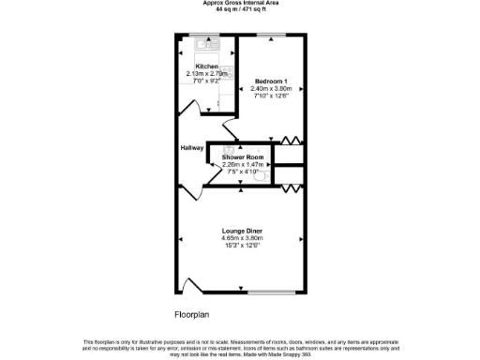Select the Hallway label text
pyautogui.click(x=191, y=148)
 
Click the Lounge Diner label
pyautogui.click(x=241, y=230)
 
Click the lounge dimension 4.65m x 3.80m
pyautogui.click(x=241, y=237)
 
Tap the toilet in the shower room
pyautogui.click(x=263, y=175)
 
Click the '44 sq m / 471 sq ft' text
pyautogui.click(x=240, y=8)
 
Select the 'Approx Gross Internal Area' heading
pyautogui.click(x=240, y=3)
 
